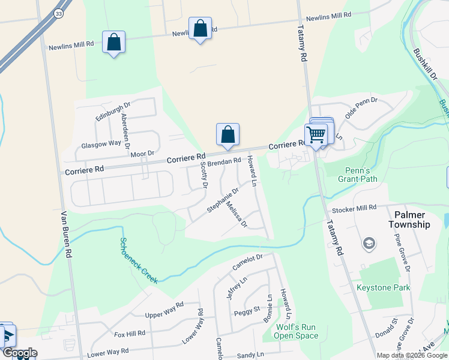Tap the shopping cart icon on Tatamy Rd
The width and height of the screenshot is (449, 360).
(x=316, y=134)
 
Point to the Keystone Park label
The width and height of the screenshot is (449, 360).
(x=383, y=288)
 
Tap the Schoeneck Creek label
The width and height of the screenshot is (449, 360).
(x=137, y=260)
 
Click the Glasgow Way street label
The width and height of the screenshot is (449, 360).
(x=101, y=144)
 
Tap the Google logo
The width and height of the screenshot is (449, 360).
(x=19, y=353)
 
